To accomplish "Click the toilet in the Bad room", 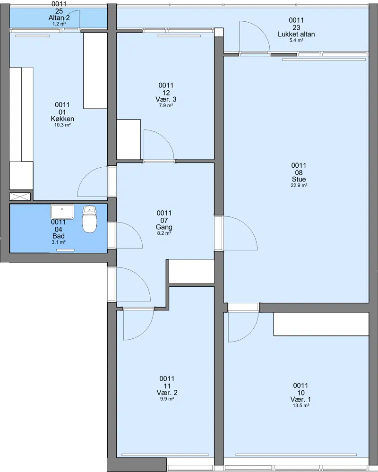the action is (x=89, y=219).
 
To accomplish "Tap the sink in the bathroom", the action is (x=62, y=212).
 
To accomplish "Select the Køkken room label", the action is (x=62, y=119).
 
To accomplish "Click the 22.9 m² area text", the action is (x=299, y=185).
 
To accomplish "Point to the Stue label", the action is (x=299, y=179).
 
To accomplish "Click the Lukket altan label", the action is (x=296, y=34).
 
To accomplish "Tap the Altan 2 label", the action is (x=59, y=18).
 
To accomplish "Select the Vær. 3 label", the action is (x=166, y=99).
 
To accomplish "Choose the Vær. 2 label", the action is (x=167, y=393).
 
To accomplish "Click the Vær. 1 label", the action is (x=301, y=399).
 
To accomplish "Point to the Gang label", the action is (x=164, y=227).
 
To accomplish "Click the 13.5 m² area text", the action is (x=301, y=405).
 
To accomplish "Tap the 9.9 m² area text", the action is (x=167, y=399).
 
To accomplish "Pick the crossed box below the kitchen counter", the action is (x=20, y=197).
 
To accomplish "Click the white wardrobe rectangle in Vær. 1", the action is (x=321, y=324).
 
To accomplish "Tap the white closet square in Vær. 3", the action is (x=129, y=139).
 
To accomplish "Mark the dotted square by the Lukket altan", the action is (x=219, y=32).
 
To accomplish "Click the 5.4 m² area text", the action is (x=296, y=40).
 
